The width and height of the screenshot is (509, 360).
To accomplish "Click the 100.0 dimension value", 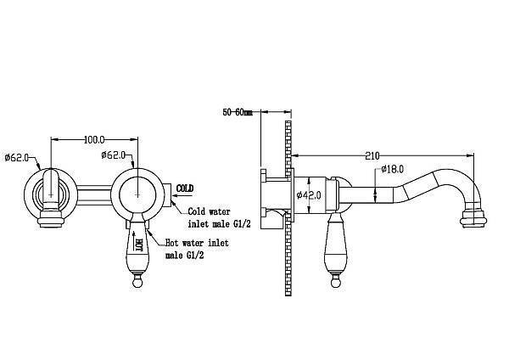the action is pyautogui.click(x=94, y=140).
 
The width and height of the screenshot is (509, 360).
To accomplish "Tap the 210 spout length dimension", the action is pyautogui.click(x=372, y=156).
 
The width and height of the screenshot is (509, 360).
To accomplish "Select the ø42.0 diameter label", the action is pyautogui.click(x=309, y=195).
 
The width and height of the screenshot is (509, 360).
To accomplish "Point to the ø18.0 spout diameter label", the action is pyautogui.click(x=392, y=169).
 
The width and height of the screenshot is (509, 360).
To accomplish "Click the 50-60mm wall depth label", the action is pyautogui.click(x=238, y=112).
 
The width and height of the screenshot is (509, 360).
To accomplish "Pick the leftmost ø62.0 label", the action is pyautogui.click(x=17, y=158).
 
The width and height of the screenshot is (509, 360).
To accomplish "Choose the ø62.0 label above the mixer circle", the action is pyautogui.click(x=113, y=155).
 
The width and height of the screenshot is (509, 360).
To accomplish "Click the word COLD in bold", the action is pyautogui.click(x=185, y=188).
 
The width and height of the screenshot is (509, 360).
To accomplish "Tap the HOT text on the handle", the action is pyautogui.click(x=138, y=245).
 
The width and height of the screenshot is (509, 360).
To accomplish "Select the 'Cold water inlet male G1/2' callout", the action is pyautogui.click(x=219, y=217).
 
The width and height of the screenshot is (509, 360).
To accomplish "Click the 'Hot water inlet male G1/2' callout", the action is pyautogui.click(x=197, y=249).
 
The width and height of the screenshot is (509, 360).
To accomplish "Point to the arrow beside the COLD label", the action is pyautogui.click(x=182, y=195).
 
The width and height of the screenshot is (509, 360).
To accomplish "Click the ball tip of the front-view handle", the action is pyautogui.click(x=138, y=282).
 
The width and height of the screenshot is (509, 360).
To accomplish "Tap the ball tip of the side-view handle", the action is pyautogui.click(x=336, y=282).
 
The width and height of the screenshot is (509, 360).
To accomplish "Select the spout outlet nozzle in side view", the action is pyautogui.click(x=473, y=217).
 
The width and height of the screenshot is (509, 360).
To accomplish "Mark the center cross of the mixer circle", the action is pyautogui.click(x=137, y=194).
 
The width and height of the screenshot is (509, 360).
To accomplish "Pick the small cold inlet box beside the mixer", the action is pyautogui.click(x=168, y=195).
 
